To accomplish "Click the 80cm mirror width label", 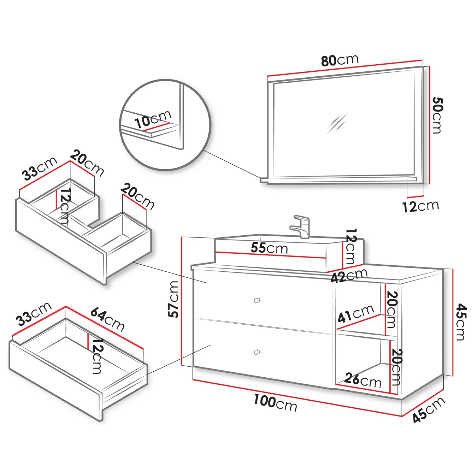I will click(340, 60).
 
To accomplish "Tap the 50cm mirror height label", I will click(437, 115).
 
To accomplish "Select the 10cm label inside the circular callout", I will click(153, 119).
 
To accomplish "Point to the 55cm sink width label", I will click(269, 248).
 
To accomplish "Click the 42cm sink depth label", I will click(349, 276).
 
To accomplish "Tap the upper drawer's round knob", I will click(257, 300).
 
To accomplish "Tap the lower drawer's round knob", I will click(257, 352).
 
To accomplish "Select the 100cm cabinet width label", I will click(275, 403).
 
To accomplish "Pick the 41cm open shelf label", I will click(356, 314).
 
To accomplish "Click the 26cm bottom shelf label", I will click(363, 380).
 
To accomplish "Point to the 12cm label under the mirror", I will click(421, 206).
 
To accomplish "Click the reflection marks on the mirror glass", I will click(337, 123).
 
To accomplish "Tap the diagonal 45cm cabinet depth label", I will click(428, 410).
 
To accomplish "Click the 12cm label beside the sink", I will click(350, 246).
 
